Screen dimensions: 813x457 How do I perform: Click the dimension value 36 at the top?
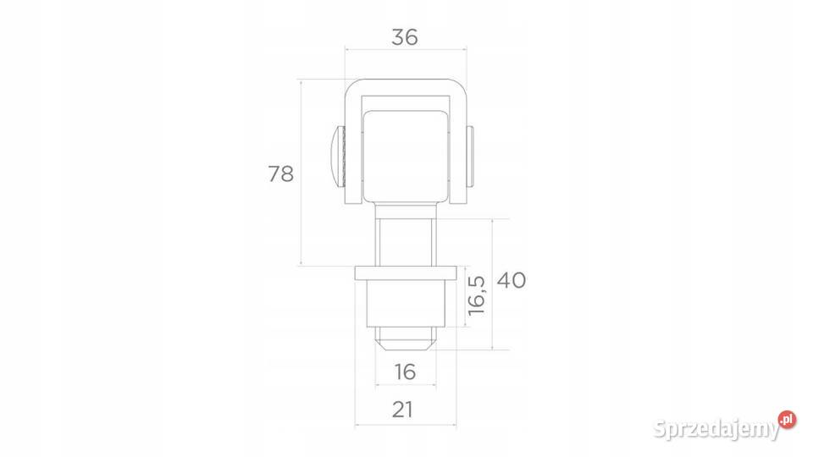click(405, 37)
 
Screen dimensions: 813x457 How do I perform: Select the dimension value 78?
click(280, 174)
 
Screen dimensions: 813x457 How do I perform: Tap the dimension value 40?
click(512, 280)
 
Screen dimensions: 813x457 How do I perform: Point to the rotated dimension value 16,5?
click(476, 295)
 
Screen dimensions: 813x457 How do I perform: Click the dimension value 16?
click(405, 372)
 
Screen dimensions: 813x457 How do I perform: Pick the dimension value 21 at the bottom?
click(402, 410)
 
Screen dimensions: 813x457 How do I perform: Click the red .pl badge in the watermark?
click(787, 419)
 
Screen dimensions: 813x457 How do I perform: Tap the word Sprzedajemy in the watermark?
click(716, 429)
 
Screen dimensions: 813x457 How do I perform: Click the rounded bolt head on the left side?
click(338, 157)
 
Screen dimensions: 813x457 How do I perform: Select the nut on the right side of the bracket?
click(470, 157)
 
